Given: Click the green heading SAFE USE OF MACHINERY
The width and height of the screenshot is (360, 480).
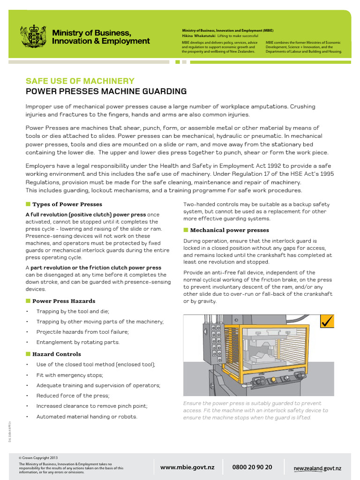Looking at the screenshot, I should [x=80, y=81].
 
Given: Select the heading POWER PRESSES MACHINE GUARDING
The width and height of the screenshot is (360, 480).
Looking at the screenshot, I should [x=106, y=91].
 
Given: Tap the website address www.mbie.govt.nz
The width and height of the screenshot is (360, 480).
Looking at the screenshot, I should [x=187, y=467].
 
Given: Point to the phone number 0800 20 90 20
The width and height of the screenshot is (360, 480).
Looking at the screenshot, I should [x=252, y=467].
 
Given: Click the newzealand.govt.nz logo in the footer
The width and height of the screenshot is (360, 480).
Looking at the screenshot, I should [x=317, y=468].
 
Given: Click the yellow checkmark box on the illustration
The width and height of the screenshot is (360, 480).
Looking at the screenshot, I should [x=327, y=322].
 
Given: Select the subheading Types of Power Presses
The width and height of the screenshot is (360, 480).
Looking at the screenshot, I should [x=67, y=204].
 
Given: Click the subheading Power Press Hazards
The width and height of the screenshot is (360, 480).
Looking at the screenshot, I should [x=64, y=301].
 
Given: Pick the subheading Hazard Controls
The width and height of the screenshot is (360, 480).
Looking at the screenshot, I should [x=57, y=354].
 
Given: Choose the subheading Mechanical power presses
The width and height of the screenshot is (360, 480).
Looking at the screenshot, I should [x=229, y=230].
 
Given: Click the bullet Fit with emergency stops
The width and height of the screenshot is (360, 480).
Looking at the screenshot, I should [x=70, y=375].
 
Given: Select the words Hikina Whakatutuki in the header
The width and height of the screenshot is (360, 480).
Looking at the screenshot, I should [x=199, y=36].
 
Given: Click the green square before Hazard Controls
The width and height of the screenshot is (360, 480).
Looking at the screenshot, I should [x=28, y=354].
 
